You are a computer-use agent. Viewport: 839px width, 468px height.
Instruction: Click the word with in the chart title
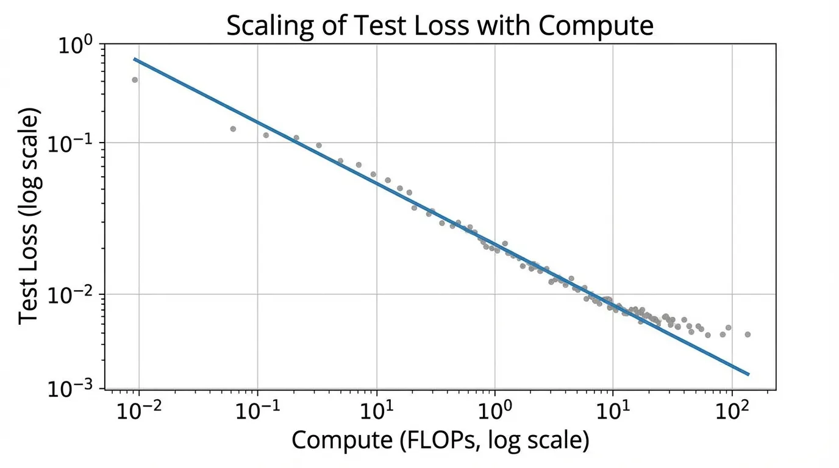(x=518, y=26)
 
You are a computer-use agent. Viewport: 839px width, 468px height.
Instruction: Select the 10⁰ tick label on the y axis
(x=75, y=46)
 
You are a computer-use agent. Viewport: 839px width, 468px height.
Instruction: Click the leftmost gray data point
(x=135, y=80)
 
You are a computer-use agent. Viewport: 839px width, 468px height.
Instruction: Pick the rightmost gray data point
(x=748, y=334)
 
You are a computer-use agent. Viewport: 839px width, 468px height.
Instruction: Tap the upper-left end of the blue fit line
(x=135, y=59)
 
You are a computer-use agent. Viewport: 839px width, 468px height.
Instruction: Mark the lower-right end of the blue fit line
(x=748, y=374)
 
